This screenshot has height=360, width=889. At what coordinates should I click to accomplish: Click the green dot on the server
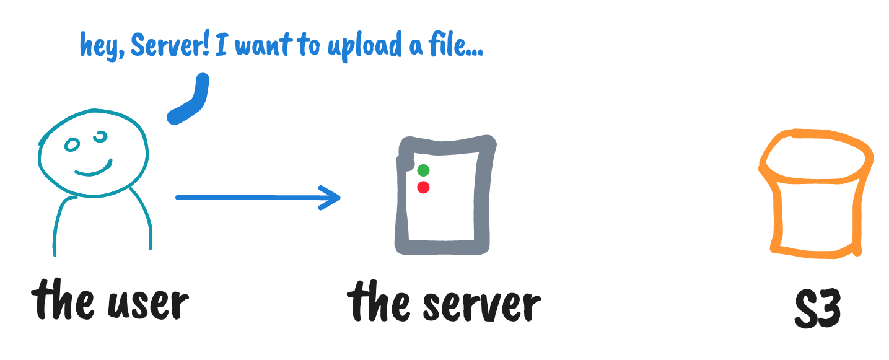point(423,170)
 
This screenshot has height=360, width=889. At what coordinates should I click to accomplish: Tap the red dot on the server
point(423,187)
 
